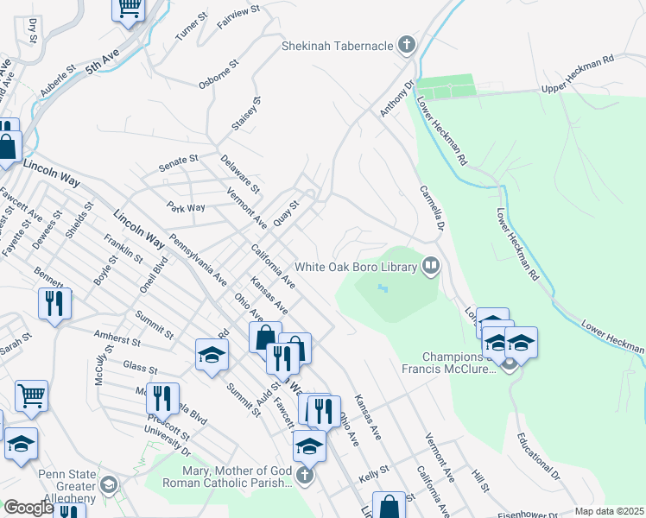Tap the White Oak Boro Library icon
[430, 266]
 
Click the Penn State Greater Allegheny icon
[108, 483]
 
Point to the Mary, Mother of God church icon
[303, 476]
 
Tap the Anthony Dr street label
[397, 100]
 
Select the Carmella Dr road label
[431, 208]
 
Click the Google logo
[29, 508]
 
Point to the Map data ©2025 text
[608, 511]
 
